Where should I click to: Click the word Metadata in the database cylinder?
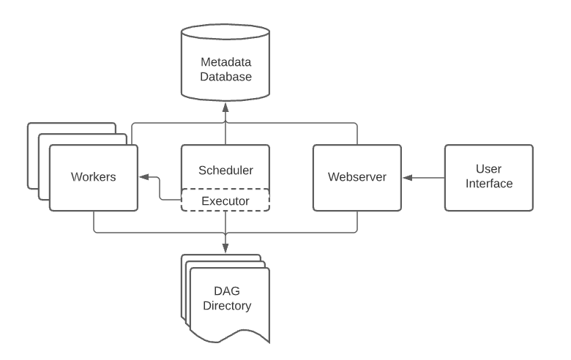click(225, 62)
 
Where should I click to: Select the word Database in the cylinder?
click(225, 76)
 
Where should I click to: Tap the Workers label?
click(94, 176)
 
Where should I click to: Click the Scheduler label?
click(225, 170)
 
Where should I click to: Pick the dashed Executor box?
click(225, 200)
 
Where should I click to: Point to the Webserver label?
click(357, 176)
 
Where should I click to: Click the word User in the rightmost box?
click(489, 169)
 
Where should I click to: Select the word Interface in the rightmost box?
click(489, 184)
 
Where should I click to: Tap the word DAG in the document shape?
click(227, 290)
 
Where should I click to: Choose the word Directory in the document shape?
click(227, 306)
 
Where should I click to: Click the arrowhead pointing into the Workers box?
click(143, 177)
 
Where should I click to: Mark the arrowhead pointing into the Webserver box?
click(408, 178)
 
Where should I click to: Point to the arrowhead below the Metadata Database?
click(225, 108)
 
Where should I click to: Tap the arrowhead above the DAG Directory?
click(225, 248)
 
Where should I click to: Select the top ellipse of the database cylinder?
click(225, 31)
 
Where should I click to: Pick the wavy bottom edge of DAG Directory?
click(229, 336)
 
